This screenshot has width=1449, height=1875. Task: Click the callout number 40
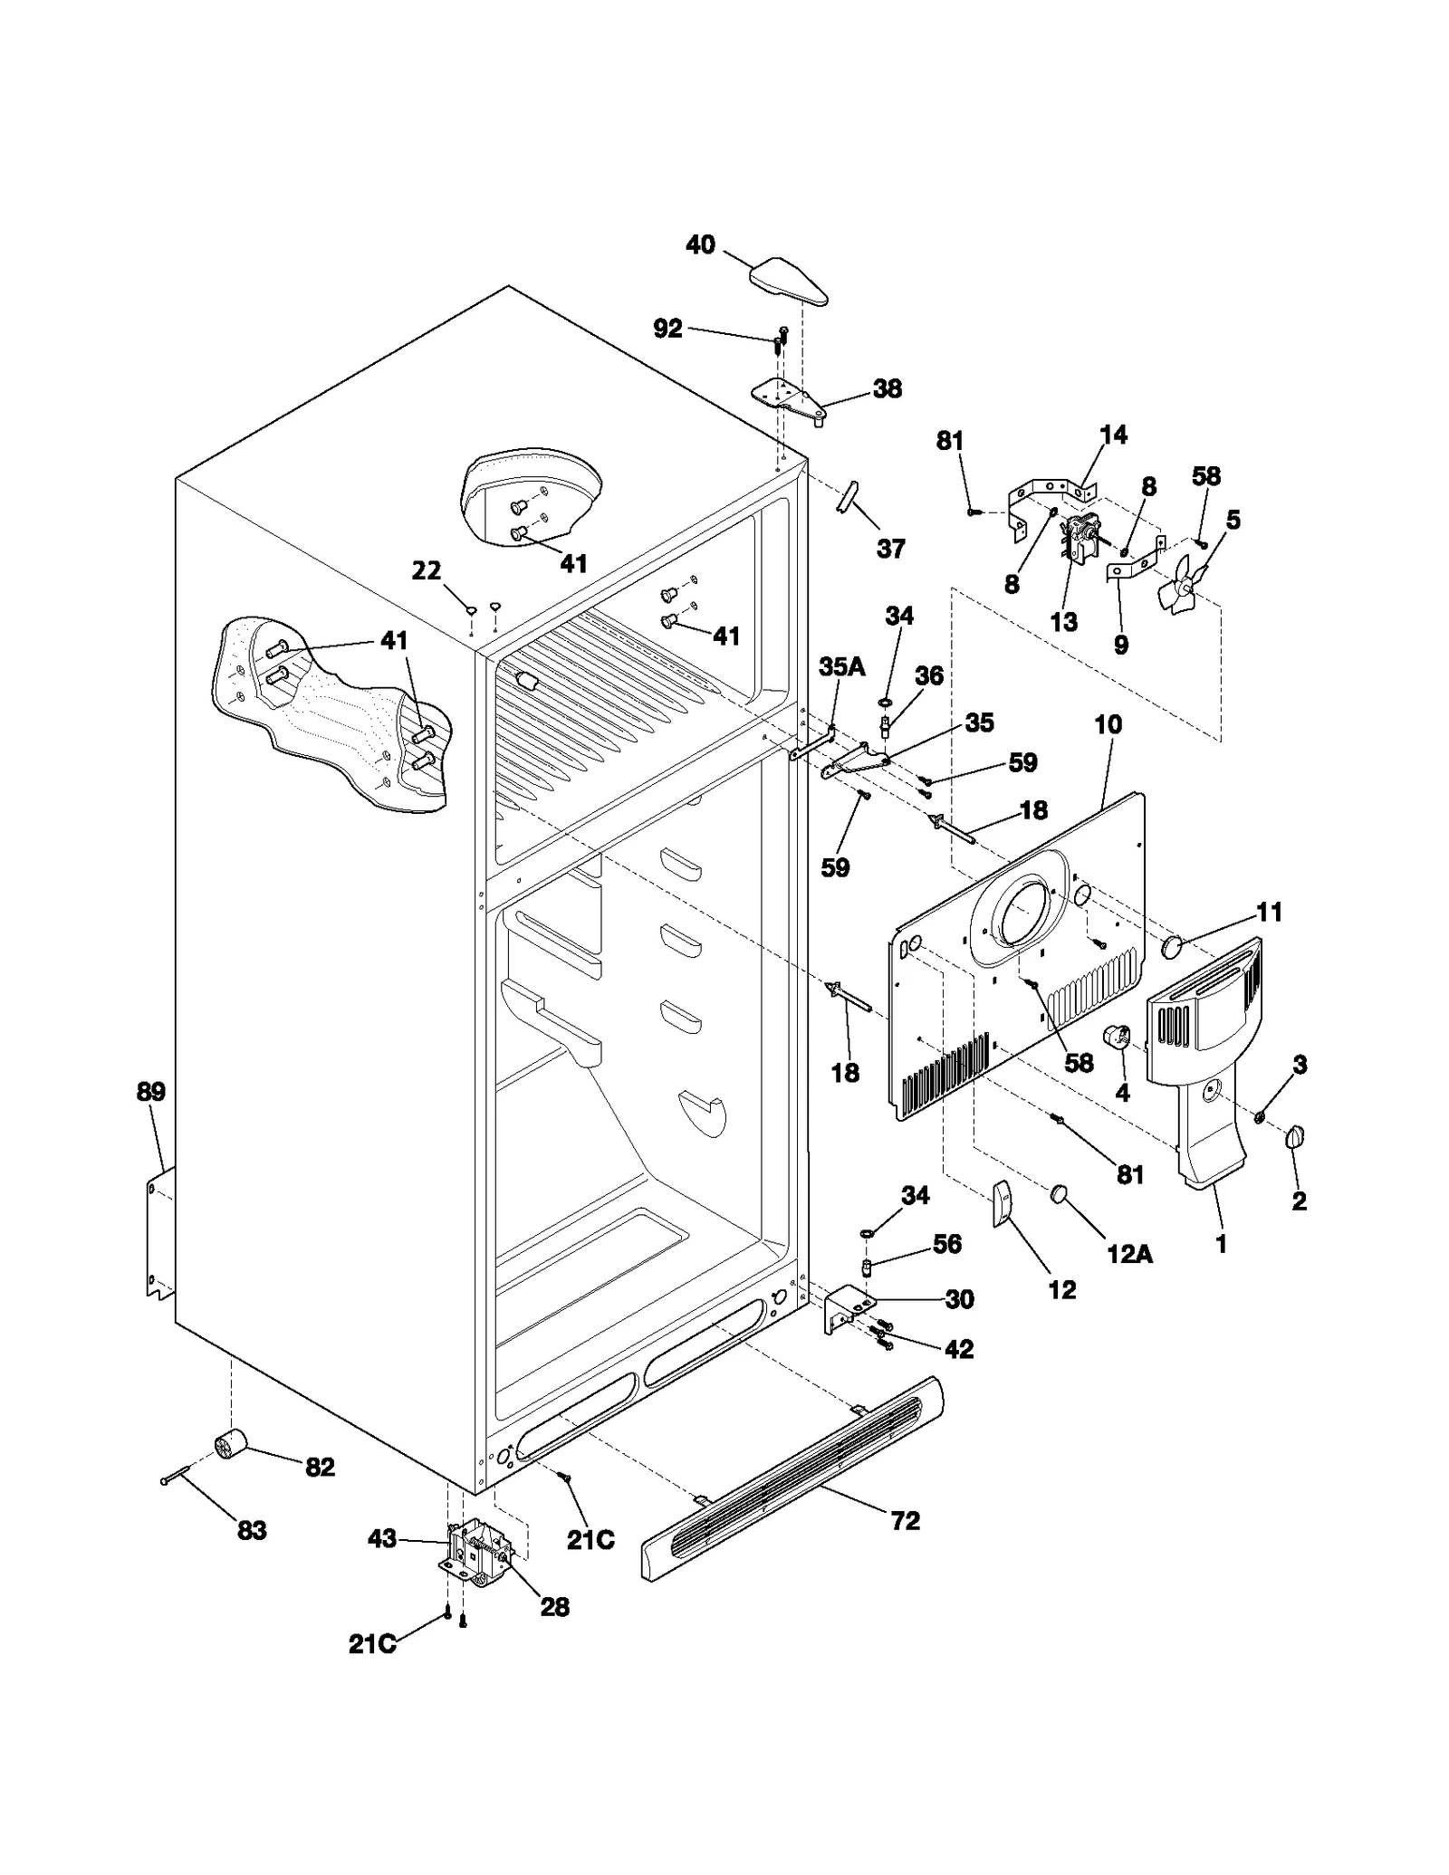(700, 245)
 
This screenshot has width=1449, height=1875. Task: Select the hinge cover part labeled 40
(789, 281)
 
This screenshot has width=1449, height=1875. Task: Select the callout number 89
(151, 1091)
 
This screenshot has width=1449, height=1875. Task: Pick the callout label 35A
(842, 666)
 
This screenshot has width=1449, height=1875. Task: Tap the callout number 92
(667, 329)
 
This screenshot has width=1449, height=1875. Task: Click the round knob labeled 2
(1294, 1137)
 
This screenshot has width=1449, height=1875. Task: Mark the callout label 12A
(1129, 1254)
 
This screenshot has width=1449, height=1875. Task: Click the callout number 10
(1108, 724)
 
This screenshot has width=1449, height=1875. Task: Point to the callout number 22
(426, 570)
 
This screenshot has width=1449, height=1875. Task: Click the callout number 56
(946, 1244)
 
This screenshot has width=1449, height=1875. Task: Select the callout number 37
(890, 549)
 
